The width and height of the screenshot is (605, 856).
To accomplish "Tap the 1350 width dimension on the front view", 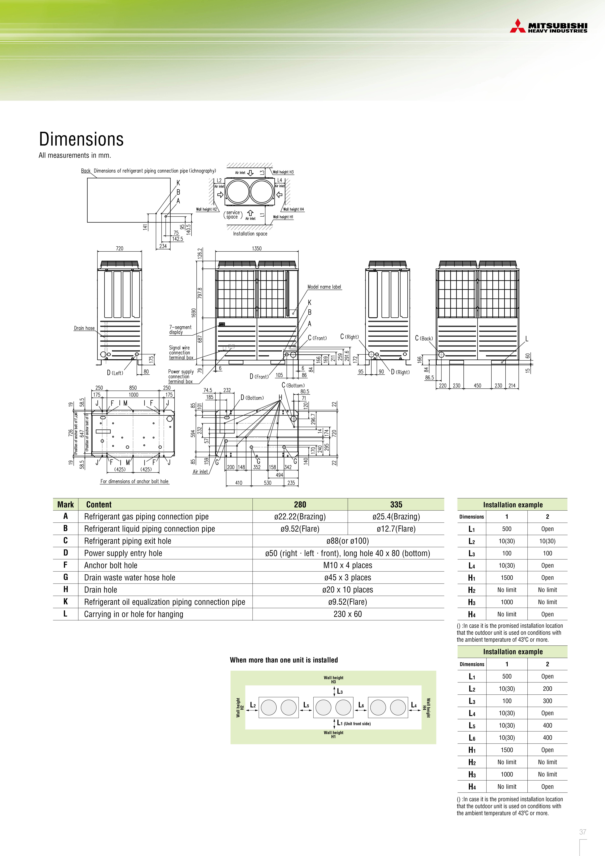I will click(x=257, y=248).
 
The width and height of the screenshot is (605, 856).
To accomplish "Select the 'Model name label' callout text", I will click(x=324, y=287).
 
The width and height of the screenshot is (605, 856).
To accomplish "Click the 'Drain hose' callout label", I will click(x=84, y=328).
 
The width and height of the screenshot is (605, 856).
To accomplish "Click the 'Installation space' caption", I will click(x=250, y=234).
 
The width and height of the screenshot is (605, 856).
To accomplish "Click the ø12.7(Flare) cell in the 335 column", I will click(x=396, y=529).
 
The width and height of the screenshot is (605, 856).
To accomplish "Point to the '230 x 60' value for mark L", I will click(x=347, y=614).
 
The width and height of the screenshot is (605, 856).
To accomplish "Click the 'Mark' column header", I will click(x=66, y=504).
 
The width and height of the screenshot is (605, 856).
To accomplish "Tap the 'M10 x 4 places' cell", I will click(x=347, y=565).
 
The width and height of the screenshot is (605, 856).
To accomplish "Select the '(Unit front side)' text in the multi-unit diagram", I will click(x=357, y=724).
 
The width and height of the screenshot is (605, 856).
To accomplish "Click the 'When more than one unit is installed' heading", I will click(x=284, y=660).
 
